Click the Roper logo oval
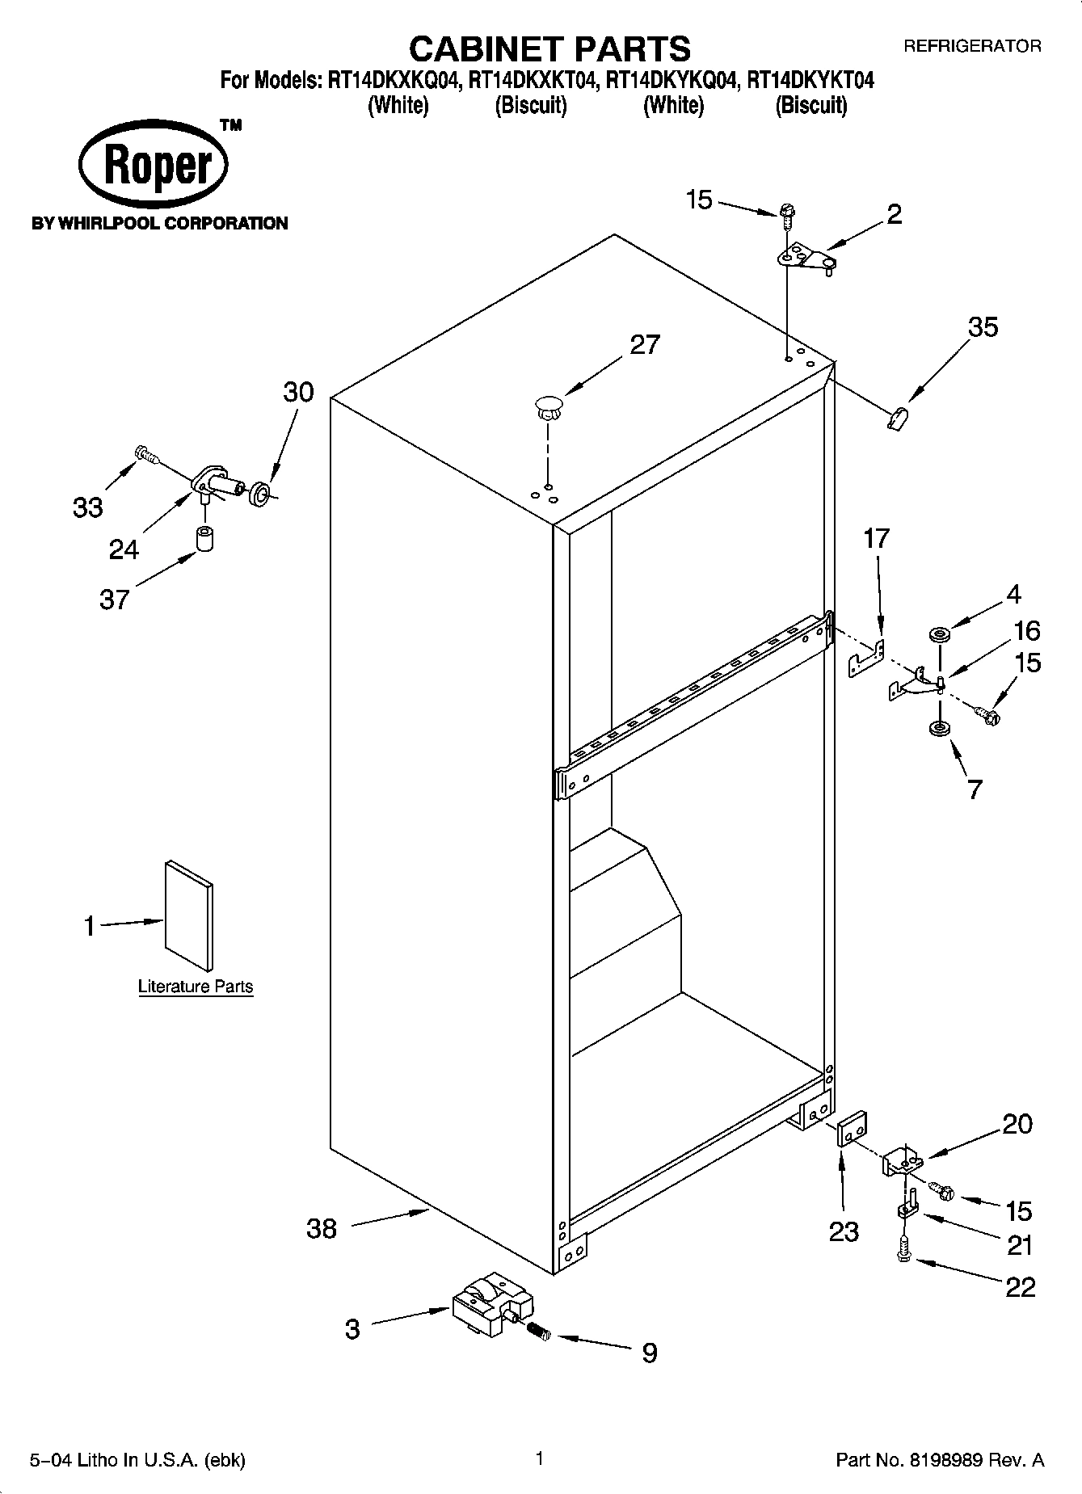pos(154,166)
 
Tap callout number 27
pos(645,345)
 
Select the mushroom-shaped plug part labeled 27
pos(548,406)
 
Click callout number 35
pos(983,327)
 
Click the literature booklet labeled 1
pos(190,915)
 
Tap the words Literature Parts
pos(196,987)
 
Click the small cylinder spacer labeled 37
pos(206,538)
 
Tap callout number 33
pos(88,507)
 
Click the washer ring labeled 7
pos(939,729)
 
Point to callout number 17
pos(876,538)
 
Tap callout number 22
pos(1020,1286)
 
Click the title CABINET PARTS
pos(549,48)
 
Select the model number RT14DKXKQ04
pos(394,81)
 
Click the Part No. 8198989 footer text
pos(940,1460)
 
